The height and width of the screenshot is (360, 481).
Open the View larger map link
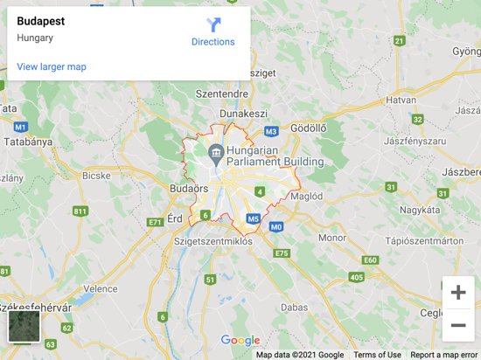click(x=52, y=66)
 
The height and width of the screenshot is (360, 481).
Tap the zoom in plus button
click(x=457, y=293)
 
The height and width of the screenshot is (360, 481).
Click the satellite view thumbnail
click(x=24, y=326)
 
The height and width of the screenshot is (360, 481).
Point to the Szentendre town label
click(x=223, y=93)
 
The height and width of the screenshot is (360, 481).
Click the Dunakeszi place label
click(x=243, y=113)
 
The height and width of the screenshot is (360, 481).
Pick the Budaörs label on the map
click(x=187, y=188)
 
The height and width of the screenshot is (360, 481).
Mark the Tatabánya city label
click(x=26, y=141)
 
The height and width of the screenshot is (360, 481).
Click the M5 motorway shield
click(x=254, y=219)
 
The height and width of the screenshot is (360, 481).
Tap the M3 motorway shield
click(x=271, y=132)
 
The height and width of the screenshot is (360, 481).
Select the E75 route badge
click(x=281, y=253)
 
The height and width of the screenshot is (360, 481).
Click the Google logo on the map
click(x=240, y=341)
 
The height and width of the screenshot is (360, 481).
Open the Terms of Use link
click(x=377, y=355)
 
